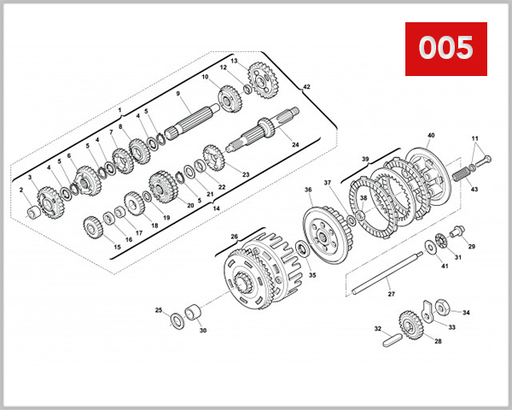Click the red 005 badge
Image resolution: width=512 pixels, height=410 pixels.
(x=445, y=49)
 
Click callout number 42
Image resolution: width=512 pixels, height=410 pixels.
(x=306, y=87)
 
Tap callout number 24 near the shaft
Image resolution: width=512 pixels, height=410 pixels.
(x=295, y=144)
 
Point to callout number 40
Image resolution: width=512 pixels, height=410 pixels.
(x=431, y=136)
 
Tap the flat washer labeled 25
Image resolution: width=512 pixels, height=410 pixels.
(x=177, y=319)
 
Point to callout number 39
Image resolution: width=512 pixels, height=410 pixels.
(x=364, y=159)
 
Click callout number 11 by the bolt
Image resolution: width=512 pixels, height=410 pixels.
(x=475, y=139)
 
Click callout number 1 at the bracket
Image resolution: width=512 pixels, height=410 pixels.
(x=120, y=111)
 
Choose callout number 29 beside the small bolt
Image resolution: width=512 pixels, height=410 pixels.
(x=471, y=246)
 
